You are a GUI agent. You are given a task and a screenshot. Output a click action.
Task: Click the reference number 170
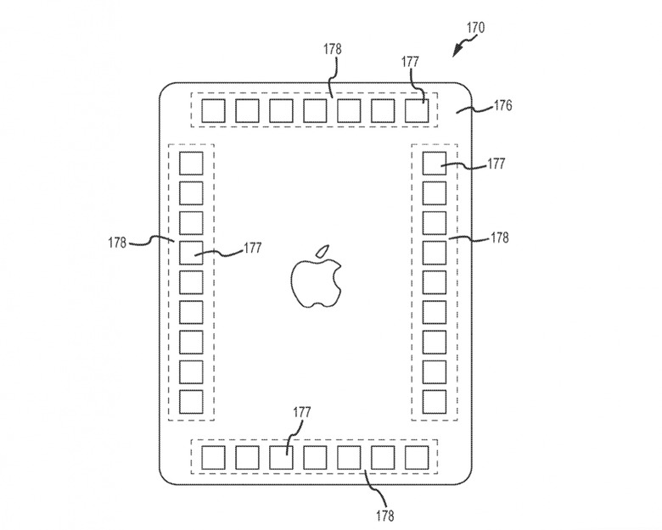[x=475, y=28]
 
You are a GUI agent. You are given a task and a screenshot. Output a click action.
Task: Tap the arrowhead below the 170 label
[x=457, y=51]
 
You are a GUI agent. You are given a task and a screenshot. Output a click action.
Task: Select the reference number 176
[x=502, y=105]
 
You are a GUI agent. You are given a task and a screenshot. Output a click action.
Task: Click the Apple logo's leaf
[x=323, y=250]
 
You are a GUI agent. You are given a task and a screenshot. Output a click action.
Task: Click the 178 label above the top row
[x=333, y=49]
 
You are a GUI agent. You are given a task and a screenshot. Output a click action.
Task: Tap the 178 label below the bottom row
[x=384, y=516]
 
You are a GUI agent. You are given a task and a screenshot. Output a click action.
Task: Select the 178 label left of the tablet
[x=117, y=243]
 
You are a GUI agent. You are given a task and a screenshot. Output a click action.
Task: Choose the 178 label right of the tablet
[x=500, y=238]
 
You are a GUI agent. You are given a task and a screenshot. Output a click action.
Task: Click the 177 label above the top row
[x=410, y=62]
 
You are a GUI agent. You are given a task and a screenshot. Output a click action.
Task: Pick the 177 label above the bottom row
[x=302, y=412]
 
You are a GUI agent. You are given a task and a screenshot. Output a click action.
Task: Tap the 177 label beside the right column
[x=496, y=164]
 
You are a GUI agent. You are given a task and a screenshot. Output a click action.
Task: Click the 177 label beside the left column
[x=252, y=248]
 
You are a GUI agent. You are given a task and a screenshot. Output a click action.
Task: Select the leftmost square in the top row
[x=213, y=111]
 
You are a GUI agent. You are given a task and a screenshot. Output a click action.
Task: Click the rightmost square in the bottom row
[x=417, y=458]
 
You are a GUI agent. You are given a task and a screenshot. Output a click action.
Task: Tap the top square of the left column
[x=191, y=164]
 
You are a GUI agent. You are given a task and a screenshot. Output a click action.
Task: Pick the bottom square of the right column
[x=435, y=402]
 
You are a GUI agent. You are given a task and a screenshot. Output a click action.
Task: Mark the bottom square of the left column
[x=191, y=402]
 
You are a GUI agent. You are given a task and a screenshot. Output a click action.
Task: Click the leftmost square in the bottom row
[x=213, y=458]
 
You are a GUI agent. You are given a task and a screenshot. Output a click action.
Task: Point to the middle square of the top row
[x=315, y=111]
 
